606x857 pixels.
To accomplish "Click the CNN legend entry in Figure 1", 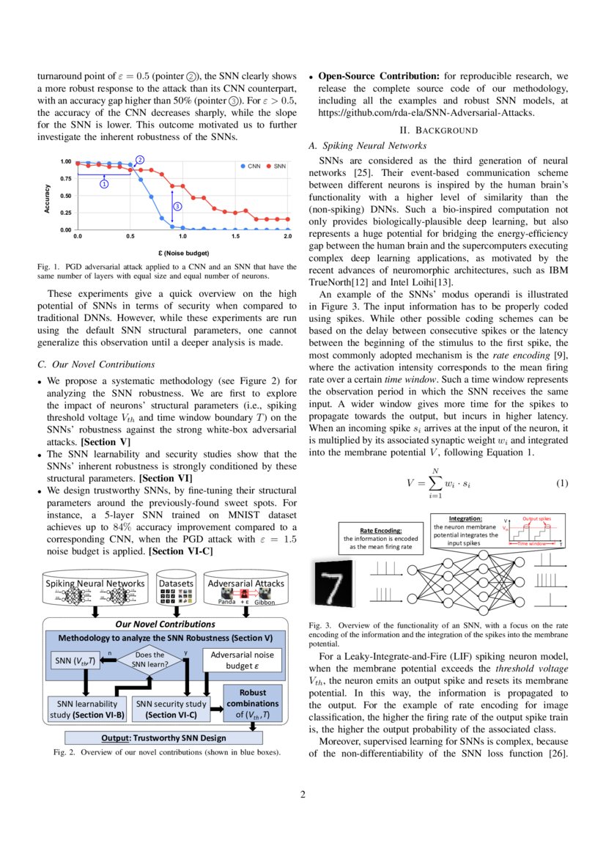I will coord(251,166).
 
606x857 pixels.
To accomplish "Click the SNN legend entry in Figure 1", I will coord(276,166).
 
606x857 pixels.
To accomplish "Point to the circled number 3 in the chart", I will coord(177,207).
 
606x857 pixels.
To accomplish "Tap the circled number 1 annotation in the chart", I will coord(104,184).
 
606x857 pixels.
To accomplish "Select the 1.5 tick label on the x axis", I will coord(235,237).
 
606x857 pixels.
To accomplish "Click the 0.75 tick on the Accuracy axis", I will coord(66,179).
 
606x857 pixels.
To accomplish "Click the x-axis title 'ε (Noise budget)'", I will coord(183,252).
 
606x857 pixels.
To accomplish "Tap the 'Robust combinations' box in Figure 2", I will coord(253,703).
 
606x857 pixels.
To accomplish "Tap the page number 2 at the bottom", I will coord(303,795).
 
